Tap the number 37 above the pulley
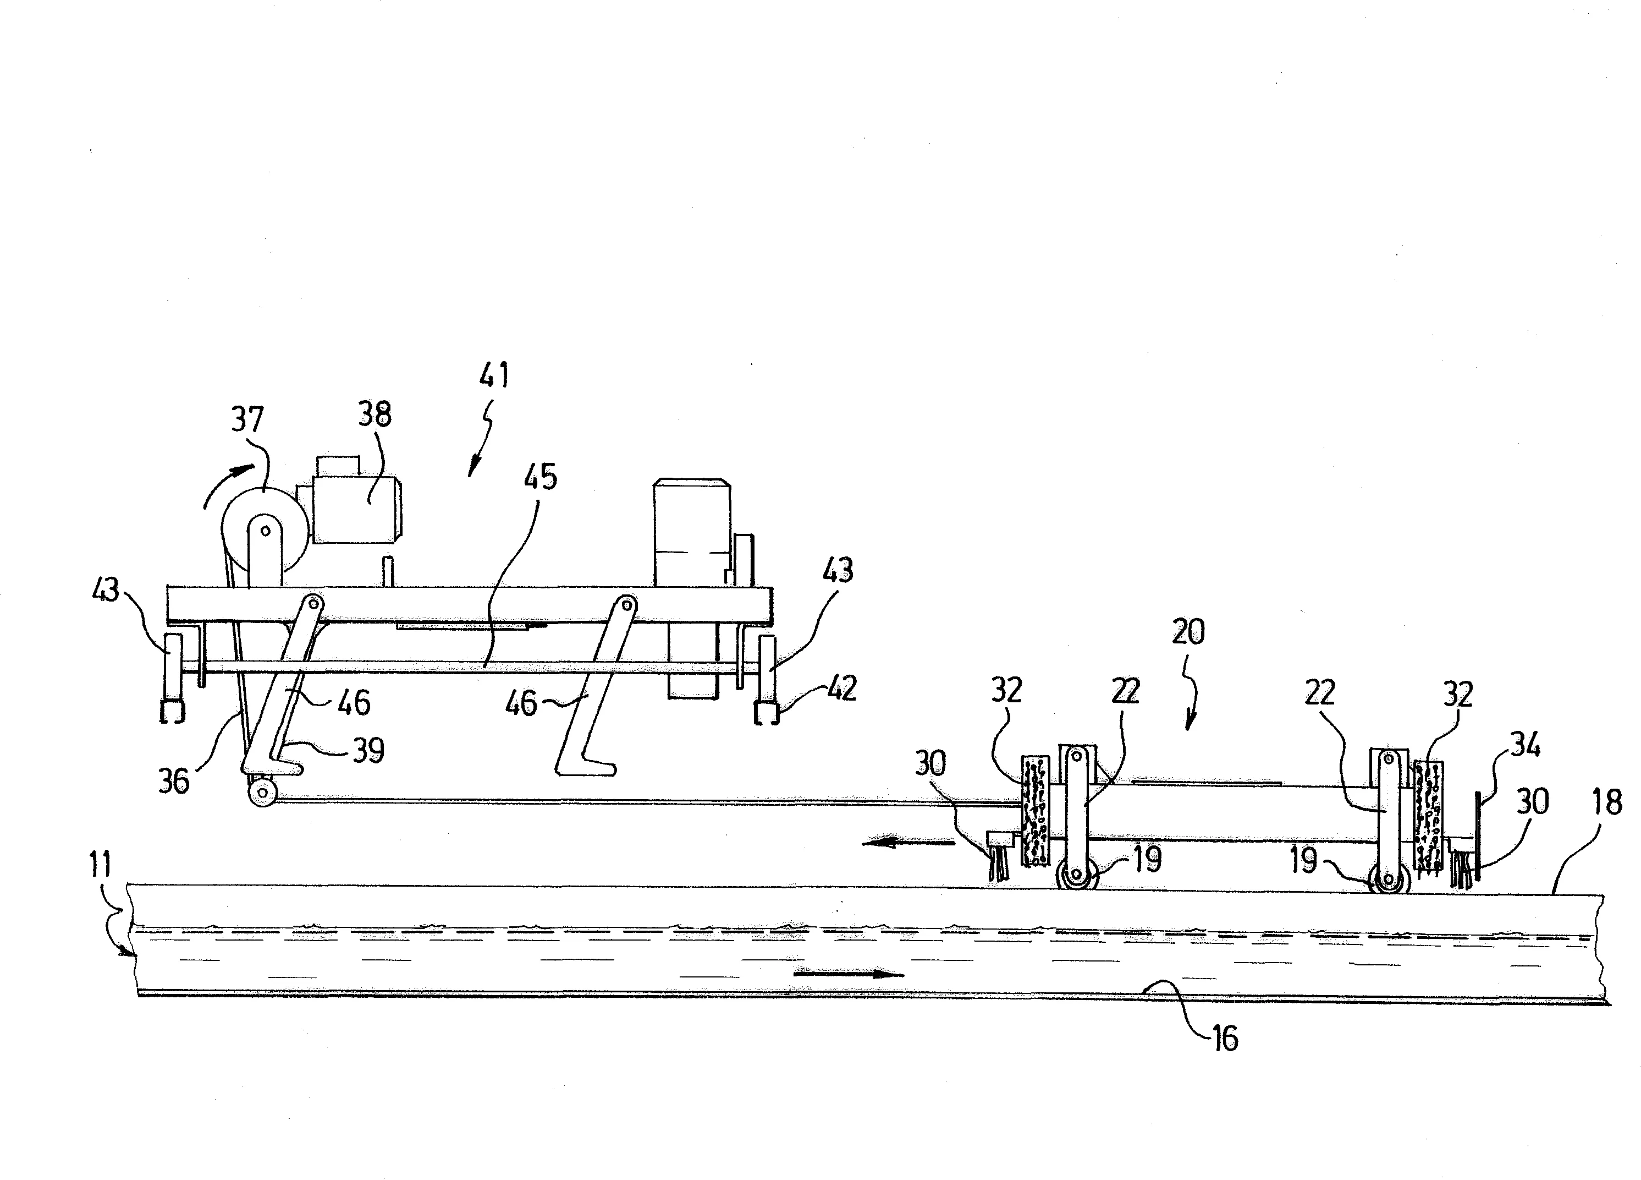point(247,419)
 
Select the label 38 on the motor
point(375,414)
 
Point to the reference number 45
point(541,477)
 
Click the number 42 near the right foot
point(841,688)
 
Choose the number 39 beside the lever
point(368,751)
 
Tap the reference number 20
point(1188,632)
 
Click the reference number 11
point(100,865)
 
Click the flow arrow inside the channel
point(849,974)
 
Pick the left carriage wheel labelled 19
point(1077,875)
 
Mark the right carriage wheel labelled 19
point(1389,879)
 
